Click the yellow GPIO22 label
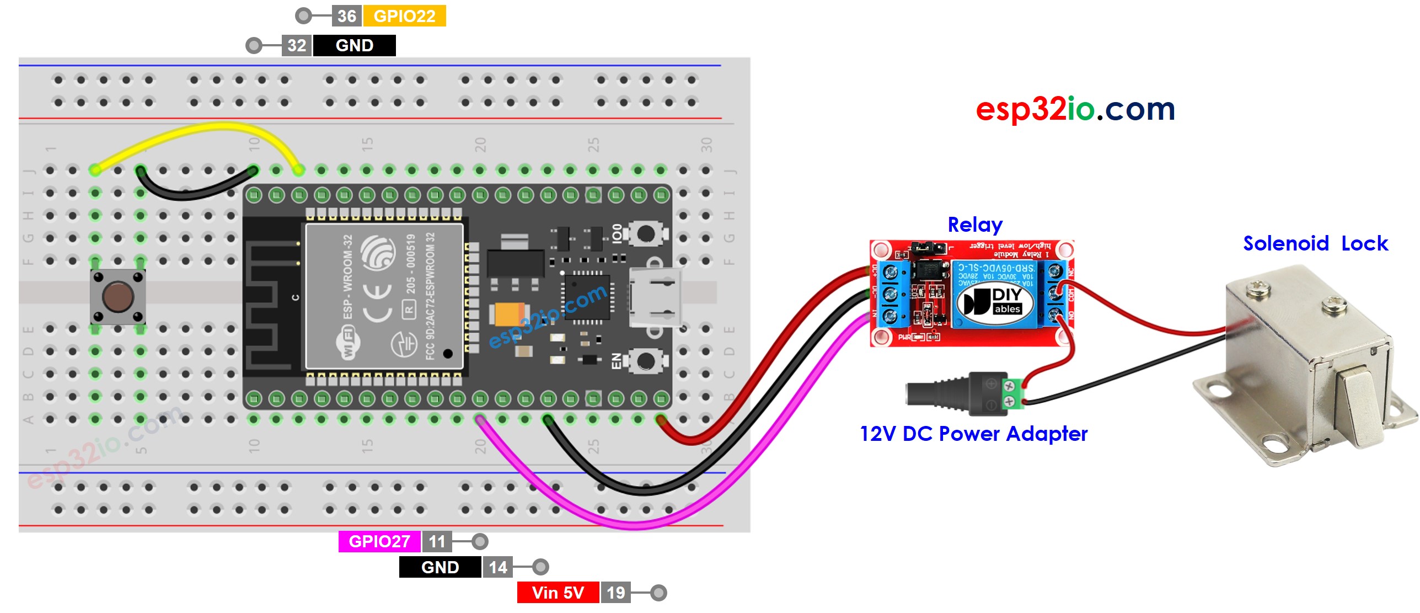point(404,16)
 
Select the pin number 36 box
point(346,16)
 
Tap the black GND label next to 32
point(354,45)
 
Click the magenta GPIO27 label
point(379,541)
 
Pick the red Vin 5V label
point(558,593)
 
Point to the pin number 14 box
point(497,567)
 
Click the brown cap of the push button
point(118,296)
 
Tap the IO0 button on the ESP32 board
point(645,234)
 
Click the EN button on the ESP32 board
point(645,362)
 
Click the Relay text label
point(974,225)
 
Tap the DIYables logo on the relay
point(995,302)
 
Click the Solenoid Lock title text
point(1315,243)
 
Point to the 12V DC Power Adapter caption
point(973,434)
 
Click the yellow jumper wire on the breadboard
point(199,130)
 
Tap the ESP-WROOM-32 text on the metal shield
point(347,276)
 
